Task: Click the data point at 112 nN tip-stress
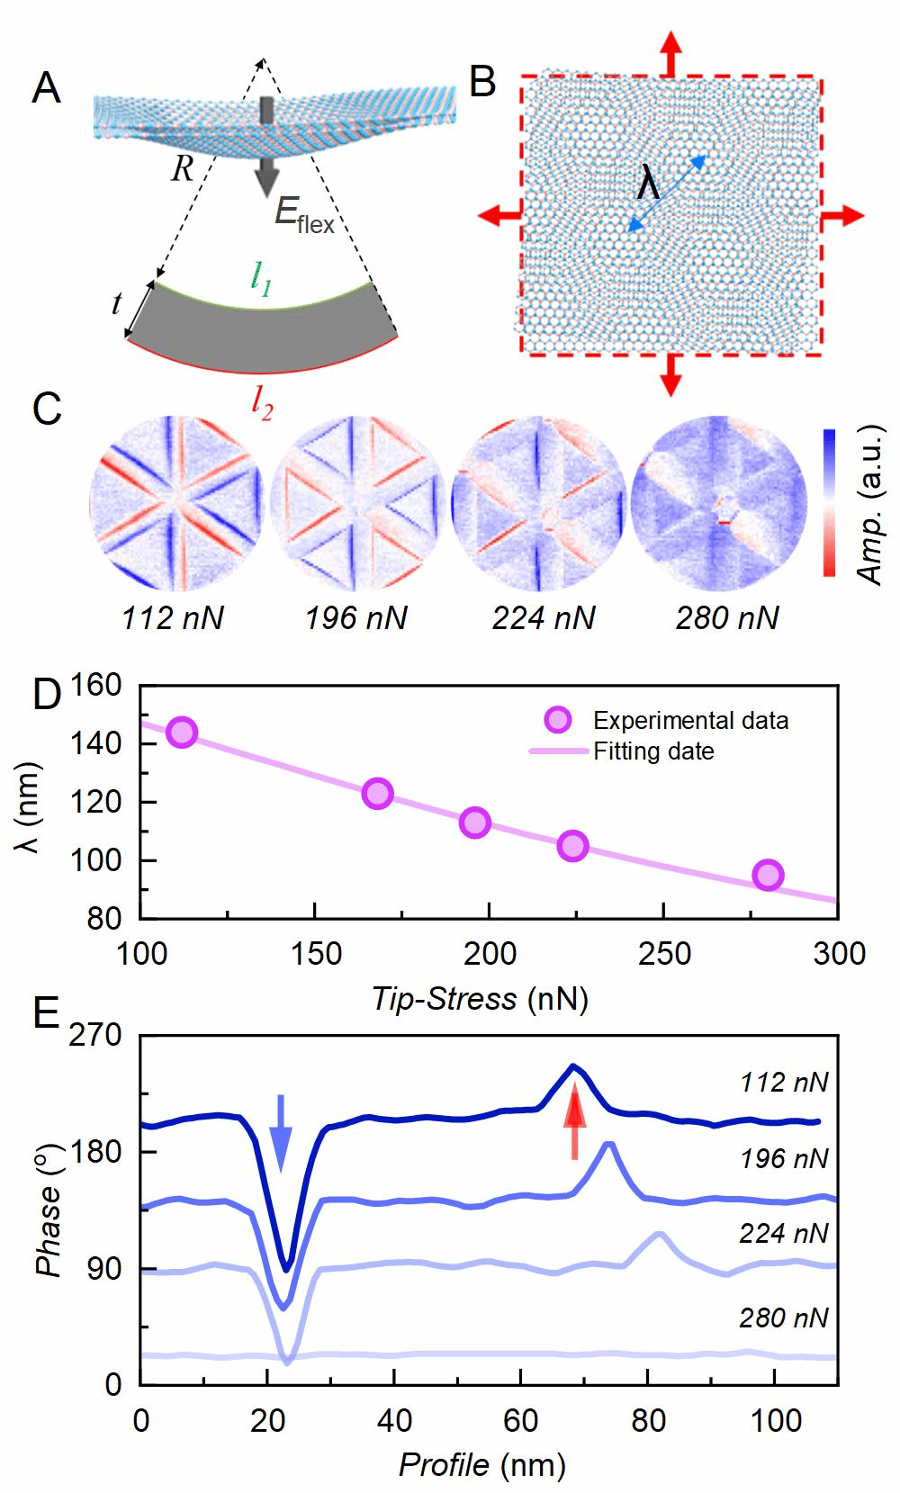pos(182,733)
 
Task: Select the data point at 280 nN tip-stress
pos(768,875)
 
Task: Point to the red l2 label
pos(262,407)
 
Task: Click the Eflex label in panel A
pos(304,216)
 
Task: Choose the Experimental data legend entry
pos(689,721)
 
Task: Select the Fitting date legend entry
pos(652,751)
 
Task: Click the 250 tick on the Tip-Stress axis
pos(663,954)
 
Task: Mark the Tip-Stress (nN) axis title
pos(481,998)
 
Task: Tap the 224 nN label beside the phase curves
pos(784,1233)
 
